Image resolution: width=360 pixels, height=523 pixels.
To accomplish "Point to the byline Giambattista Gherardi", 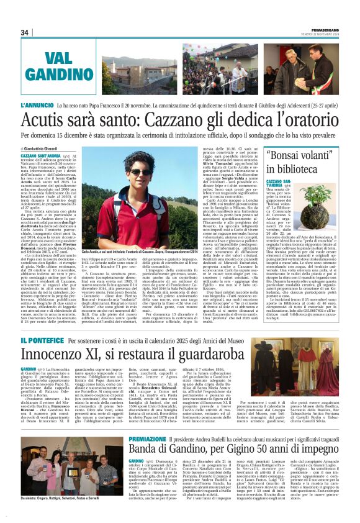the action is (x=45, y=149).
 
